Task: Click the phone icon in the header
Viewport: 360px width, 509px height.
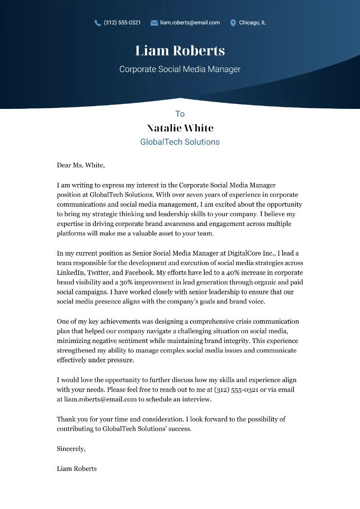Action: pyautogui.click(x=98, y=23)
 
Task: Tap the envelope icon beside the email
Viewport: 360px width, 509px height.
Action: pyautogui.click(x=154, y=23)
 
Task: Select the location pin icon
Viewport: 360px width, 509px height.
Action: pyautogui.click(x=233, y=23)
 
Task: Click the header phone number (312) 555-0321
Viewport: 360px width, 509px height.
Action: pyautogui.click(x=122, y=23)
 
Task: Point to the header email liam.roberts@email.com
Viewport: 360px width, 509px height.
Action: pyautogui.click(x=190, y=23)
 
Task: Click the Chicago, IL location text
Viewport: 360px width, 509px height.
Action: pyautogui.click(x=252, y=23)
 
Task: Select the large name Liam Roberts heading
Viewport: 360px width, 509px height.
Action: pyautogui.click(x=180, y=50)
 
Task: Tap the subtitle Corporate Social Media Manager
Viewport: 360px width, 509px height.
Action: pyautogui.click(x=180, y=69)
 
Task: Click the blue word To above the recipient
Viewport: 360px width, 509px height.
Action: pyautogui.click(x=180, y=114)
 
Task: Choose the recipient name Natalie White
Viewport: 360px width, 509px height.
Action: pyautogui.click(x=180, y=128)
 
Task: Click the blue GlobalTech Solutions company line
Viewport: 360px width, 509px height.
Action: pyautogui.click(x=180, y=142)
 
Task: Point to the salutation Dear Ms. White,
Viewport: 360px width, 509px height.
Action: pyautogui.click(x=81, y=165)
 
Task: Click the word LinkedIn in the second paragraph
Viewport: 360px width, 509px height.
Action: pyautogui.click(x=70, y=273)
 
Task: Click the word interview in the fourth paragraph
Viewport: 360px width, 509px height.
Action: pyautogui.click(x=196, y=399)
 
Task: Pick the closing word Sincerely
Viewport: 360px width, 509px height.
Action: pyautogui.click(x=71, y=448)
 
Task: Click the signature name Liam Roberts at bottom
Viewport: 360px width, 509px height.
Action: pyautogui.click(x=76, y=468)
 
